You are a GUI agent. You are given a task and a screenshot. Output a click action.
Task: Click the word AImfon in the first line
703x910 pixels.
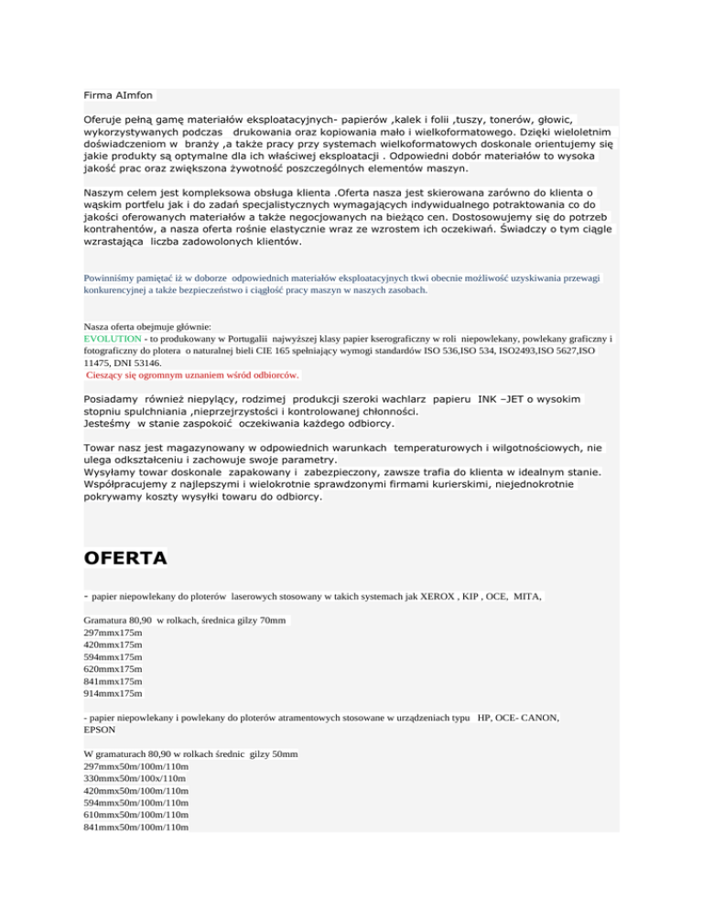[135, 93]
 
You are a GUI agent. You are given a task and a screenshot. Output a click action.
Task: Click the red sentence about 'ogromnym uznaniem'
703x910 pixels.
[192, 374]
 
